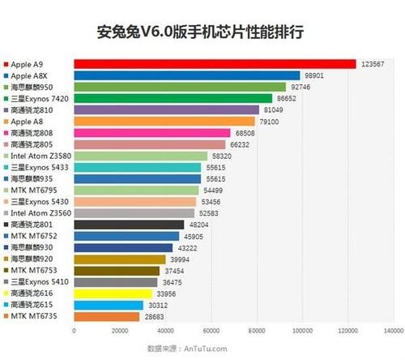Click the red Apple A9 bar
point(215,63)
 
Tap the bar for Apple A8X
point(186,75)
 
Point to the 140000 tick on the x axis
point(394,331)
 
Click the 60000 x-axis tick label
point(211,331)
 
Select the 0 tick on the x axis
point(74,331)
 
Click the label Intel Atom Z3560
point(37,212)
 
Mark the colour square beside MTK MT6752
point(6,236)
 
